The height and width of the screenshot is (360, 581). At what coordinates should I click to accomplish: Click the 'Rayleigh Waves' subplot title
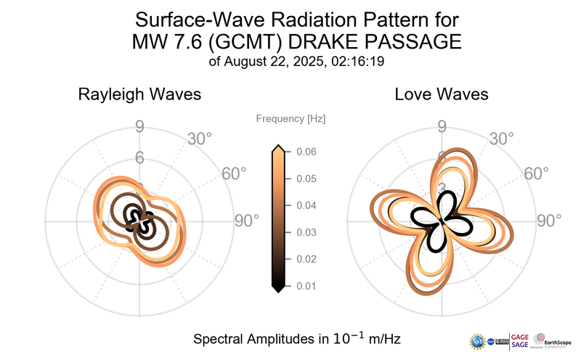click(139, 94)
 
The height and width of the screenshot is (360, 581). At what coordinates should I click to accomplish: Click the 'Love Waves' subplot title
click(441, 94)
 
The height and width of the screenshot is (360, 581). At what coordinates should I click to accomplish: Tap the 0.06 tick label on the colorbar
click(306, 152)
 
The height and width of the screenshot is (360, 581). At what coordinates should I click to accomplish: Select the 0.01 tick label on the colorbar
click(306, 286)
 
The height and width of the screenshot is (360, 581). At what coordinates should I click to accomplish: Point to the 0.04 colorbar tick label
click(306, 205)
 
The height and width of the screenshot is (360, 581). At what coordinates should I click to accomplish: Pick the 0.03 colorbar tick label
click(306, 232)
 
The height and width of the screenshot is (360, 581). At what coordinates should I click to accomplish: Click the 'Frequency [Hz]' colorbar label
click(290, 118)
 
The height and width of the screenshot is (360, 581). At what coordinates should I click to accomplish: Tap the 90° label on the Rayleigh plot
click(246, 221)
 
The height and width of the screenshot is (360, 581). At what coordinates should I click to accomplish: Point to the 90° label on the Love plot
click(549, 221)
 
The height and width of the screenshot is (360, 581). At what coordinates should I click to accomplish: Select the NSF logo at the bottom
click(478, 340)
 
